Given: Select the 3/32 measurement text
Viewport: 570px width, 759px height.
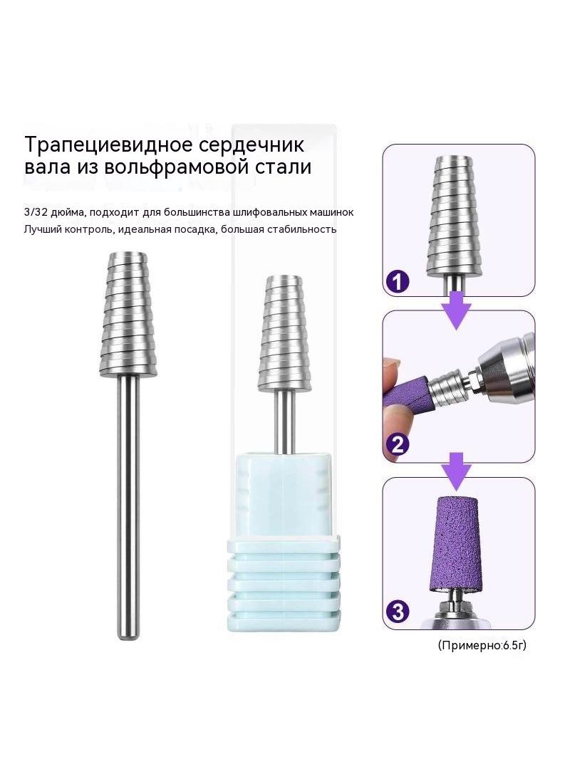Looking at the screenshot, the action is click(33, 212).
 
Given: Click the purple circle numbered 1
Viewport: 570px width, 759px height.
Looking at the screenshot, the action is click(397, 281).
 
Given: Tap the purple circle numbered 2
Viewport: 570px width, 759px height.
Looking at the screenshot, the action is click(397, 444).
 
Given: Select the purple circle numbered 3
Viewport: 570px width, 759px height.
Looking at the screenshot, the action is click(397, 612).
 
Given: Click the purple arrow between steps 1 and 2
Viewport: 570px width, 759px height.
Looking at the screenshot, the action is click(456, 310).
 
